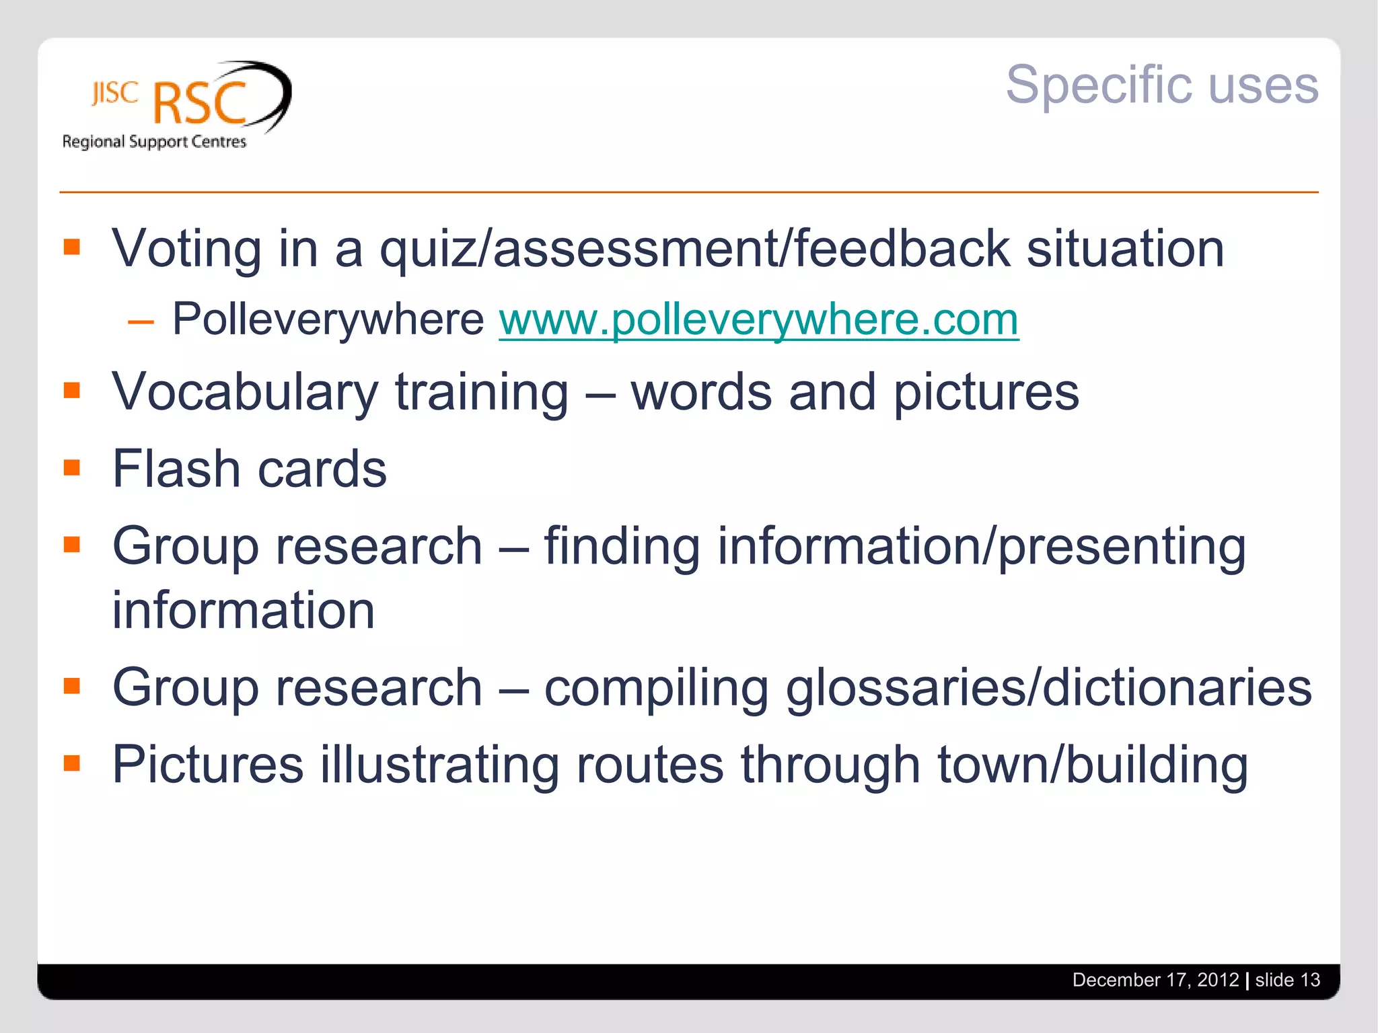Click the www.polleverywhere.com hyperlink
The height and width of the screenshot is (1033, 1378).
pyautogui.click(x=758, y=319)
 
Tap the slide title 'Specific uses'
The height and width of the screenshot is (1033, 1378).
pyautogui.click(x=1161, y=85)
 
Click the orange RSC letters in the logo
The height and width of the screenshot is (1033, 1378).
pyautogui.click(x=200, y=104)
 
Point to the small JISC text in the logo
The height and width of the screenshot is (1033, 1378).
pyautogui.click(x=114, y=93)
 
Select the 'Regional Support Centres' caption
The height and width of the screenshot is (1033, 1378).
pyautogui.click(x=154, y=142)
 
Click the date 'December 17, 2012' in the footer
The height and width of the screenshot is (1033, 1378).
pyautogui.click(x=1155, y=980)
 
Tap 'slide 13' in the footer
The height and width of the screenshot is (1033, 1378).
pyautogui.click(x=1287, y=980)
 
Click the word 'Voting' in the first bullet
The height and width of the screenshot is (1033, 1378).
pyautogui.click(x=186, y=249)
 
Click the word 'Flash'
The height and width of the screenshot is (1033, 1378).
pyautogui.click(x=176, y=469)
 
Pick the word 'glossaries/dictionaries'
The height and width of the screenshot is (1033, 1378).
pyautogui.click(x=1048, y=688)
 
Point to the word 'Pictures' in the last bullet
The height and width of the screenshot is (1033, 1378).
pyautogui.click(x=207, y=765)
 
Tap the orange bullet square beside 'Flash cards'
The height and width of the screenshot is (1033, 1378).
pyautogui.click(x=72, y=467)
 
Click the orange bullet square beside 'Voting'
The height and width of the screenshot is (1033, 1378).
pyautogui.click(x=72, y=247)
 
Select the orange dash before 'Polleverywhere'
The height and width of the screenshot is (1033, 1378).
pyautogui.click(x=141, y=322)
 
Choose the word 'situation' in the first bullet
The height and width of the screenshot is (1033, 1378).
pyautogui.click(x=1124, y=249)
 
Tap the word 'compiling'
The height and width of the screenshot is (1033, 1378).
pyautogui.click(x=655, y=689)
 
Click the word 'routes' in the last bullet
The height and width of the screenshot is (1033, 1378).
pyautogui.click(x=650, y=765)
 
